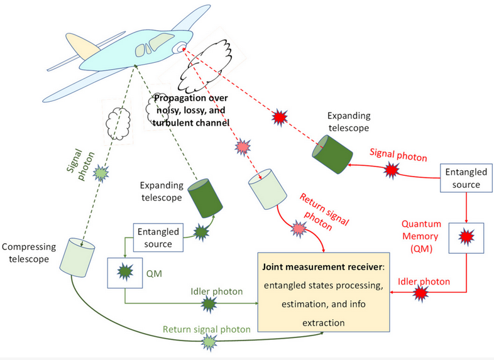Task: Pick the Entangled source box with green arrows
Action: (x=157, y=237)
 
